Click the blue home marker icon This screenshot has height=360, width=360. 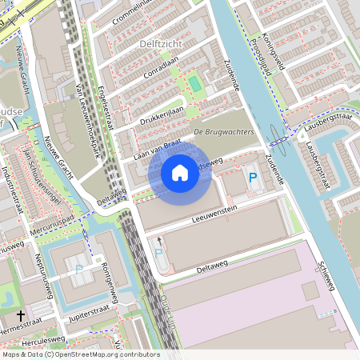click(180, 172)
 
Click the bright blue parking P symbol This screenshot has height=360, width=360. click(253, 178)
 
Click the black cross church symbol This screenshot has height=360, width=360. click(22, 315)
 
